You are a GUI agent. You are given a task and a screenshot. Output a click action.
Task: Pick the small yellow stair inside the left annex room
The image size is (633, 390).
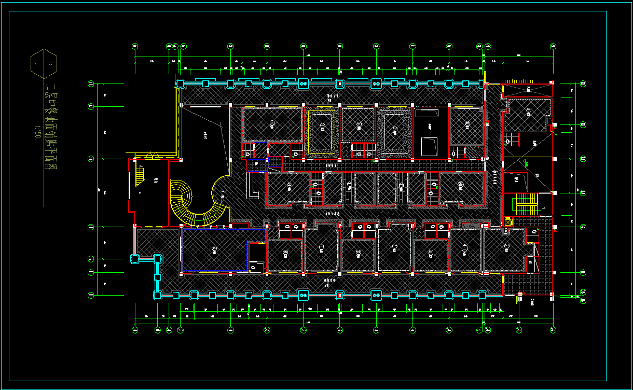pyautogui.click(x=139, y=174)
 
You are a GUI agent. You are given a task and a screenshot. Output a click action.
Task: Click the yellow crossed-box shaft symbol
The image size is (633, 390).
pyautogui.click(x=508, y=222)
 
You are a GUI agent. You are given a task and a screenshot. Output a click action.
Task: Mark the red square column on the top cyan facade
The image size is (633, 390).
pyautogui.click(x=339, y=83)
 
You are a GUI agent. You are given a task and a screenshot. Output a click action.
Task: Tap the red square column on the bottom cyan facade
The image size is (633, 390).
pyautogui.click(x=339, y=295)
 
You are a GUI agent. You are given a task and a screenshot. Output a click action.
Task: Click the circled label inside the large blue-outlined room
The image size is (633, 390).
pyautogui.click(x=214, y=250)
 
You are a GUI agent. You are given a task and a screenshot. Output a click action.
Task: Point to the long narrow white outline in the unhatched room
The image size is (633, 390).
pyautogui.click(x=430, y=112)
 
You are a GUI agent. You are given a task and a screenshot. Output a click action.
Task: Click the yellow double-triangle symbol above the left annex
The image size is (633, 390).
pyautogui.click(x=152, y=155)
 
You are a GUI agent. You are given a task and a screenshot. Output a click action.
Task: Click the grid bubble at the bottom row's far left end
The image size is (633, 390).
pyautogui.click(x=135, y=329)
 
